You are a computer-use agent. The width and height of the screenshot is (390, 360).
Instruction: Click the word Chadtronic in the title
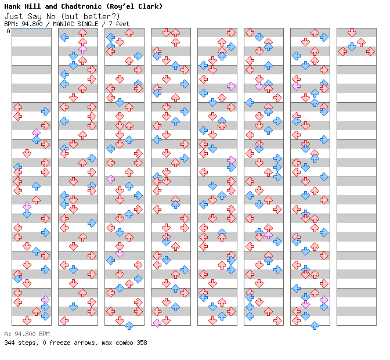pos(81,6)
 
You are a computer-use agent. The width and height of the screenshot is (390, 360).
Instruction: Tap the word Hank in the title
pos(12,6)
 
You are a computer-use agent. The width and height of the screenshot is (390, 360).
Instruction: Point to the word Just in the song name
pos(14,16)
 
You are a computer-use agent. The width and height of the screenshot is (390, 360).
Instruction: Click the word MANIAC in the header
pos(63,24)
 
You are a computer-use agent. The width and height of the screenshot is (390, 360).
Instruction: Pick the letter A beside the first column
pos(8,31)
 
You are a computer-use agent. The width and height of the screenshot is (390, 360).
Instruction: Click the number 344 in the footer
pos(9,343)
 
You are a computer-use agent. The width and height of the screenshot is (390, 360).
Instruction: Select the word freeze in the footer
pos(60,343)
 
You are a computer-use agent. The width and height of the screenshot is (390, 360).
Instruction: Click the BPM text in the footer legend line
pos(44,334)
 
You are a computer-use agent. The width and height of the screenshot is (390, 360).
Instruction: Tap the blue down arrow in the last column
pos(352,46)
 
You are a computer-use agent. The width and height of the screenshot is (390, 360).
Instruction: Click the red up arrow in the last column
pos(361,42)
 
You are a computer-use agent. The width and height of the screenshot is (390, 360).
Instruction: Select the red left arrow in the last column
pos(343,52)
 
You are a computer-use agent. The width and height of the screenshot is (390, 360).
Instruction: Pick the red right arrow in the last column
pos(370,52)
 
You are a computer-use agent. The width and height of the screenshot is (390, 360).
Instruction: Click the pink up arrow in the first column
pos(37,132)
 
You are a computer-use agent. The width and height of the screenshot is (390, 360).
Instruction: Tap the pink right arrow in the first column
pos(45,300)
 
